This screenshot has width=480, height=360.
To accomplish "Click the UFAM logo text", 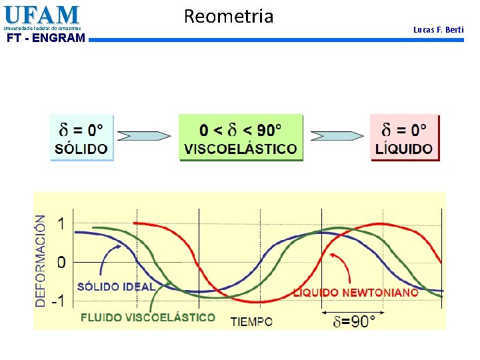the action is (41, 15).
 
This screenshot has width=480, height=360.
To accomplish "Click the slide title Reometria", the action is (228, 16).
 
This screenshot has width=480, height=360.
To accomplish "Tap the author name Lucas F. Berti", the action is (438, 30).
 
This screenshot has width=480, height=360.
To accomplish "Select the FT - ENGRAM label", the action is (45, 38).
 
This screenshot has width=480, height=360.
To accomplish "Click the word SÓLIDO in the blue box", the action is (82, 149).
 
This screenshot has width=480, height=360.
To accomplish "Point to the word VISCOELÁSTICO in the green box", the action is (241, 149).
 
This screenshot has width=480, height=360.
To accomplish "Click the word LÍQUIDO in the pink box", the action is (404, 149).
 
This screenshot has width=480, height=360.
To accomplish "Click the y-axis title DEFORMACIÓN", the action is (41, 261).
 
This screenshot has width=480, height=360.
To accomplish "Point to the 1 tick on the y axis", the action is (61, 225).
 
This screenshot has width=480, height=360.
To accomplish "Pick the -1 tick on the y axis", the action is (59, 301).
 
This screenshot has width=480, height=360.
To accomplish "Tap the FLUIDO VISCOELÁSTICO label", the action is (148, 317).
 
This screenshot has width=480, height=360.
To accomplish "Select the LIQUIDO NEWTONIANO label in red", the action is (356, 292).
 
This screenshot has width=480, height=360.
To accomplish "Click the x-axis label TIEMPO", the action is (251, 321).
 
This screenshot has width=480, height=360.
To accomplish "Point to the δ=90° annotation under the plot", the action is (354, 321).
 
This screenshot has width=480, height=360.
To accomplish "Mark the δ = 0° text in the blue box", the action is (82, 128).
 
